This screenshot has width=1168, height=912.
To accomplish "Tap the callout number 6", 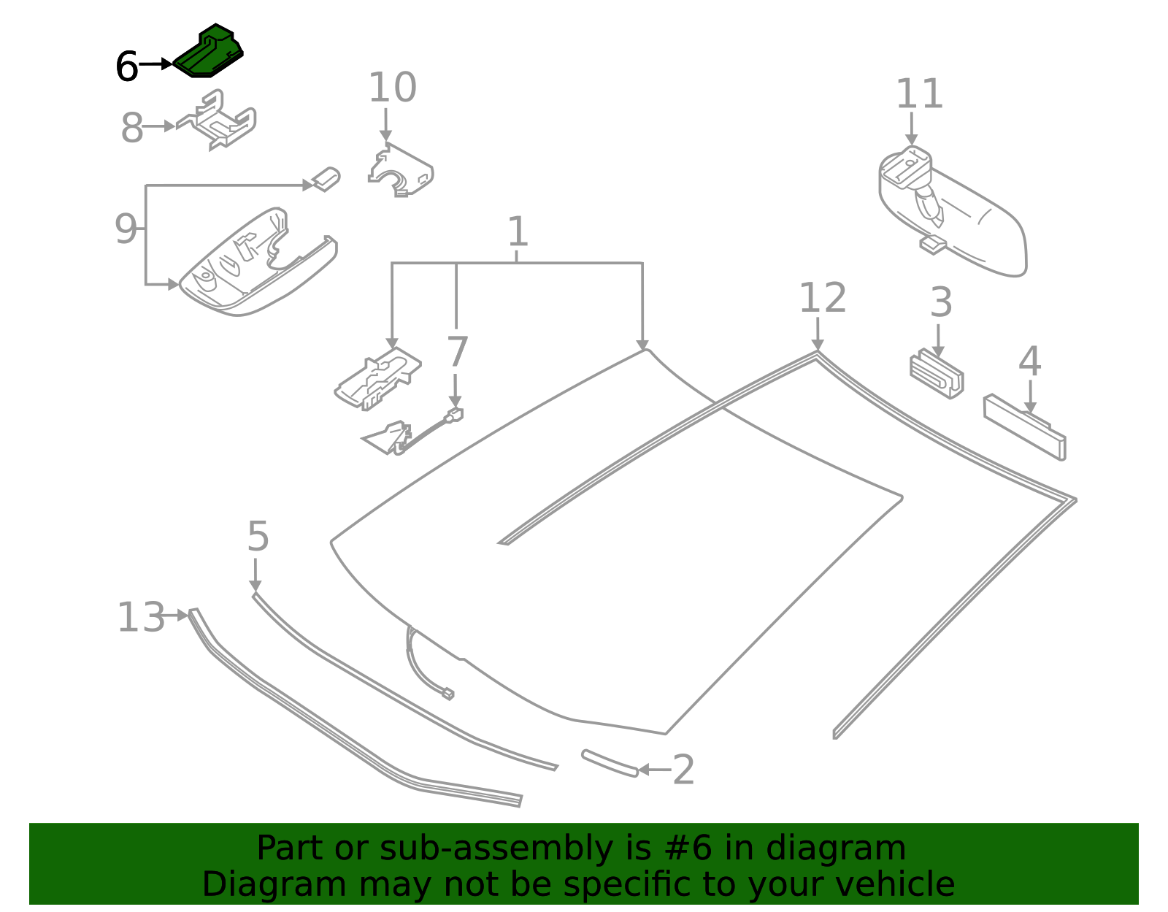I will [127, 67].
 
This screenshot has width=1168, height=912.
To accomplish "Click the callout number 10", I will [392, 88].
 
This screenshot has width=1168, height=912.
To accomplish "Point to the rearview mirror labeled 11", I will [956, 215].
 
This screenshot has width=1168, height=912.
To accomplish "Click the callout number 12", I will [822, 298].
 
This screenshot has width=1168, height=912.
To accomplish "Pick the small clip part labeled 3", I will [937, 375].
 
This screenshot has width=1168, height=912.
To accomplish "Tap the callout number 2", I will [683, 770].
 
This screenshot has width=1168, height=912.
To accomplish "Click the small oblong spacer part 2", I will [610, 763].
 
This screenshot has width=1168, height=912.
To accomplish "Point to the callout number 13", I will [141, 617].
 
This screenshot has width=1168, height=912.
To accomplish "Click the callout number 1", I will [517, 231].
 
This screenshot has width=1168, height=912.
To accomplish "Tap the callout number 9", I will [126, 229].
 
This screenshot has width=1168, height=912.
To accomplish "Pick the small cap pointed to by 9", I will [326, 178].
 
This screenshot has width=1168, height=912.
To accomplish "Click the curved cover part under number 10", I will [401, 172].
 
